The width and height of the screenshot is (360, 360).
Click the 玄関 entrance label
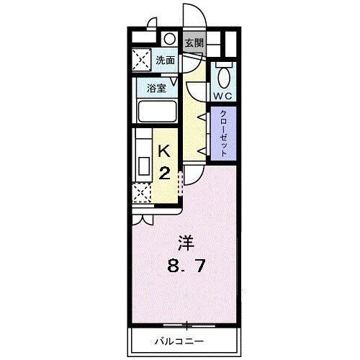pyautogui.click(x=193, y=42)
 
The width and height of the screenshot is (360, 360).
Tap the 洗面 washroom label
pyautogui.click(x=165, y=60)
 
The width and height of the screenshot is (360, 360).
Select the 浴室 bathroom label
pyautogui.click(x=158, y=90)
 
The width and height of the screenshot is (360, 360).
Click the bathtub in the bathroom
pyautogui.click(x=157, y=113)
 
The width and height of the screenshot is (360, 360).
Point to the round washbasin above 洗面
pyautogui.click(x=170, y=40)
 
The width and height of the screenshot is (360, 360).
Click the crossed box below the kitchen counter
pyautogui.click(x=141, y=192)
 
